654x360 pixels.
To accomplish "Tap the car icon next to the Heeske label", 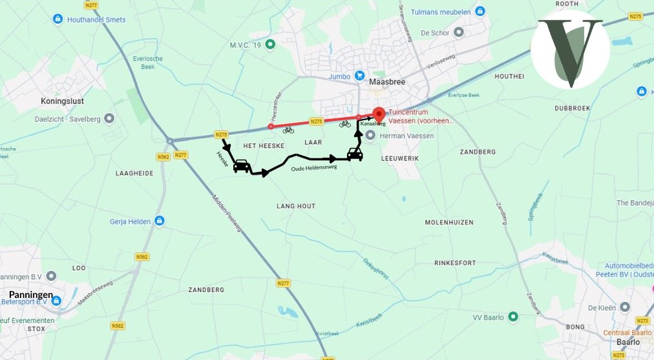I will pyautogui.click(x=242, y=166).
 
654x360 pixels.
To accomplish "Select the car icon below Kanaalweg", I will pyautogui.click(x=354, y=154).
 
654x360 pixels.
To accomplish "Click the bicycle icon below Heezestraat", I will pyautogui.click(x=288, y=131).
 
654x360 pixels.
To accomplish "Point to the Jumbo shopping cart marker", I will pyautogui.click(x=359, y=76).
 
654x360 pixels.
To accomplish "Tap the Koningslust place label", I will pyautogui.click(x=63, y=101).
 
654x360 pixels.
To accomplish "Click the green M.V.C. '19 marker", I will pyautogui.click(x=271, y=45).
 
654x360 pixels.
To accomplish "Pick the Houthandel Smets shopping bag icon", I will pyautogui.click(x=58, y=19).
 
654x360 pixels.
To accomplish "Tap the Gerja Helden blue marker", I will pyautogui.click(x=160, y=222).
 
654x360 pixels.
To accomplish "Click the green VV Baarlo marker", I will pyautogui.click(x=512, y=317).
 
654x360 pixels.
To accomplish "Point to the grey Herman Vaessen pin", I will pyautogui.click(x=370, y=135).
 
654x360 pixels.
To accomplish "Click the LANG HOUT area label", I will pyautogui.click(x=296, y=206).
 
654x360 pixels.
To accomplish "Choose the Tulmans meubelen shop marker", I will pyautogui.click(x=480, y=12).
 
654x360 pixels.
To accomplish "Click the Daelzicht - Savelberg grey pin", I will pyautogui.click(x=109, y=119).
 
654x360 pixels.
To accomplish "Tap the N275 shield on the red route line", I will pyautogui.click(x=316, y=121).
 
